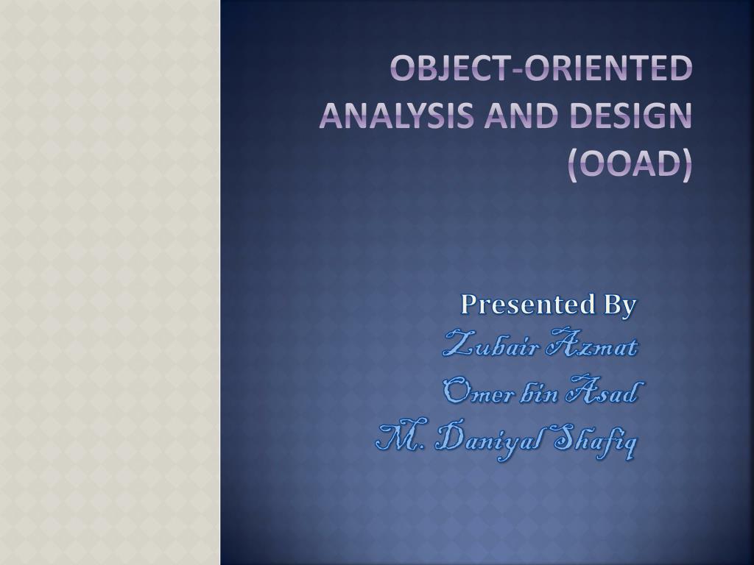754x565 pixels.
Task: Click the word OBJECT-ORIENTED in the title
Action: coord(541,68)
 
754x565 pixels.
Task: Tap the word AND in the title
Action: coord(522,116)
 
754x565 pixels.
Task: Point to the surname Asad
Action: coord(604,388)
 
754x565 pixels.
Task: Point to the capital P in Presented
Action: coord(469,304)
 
